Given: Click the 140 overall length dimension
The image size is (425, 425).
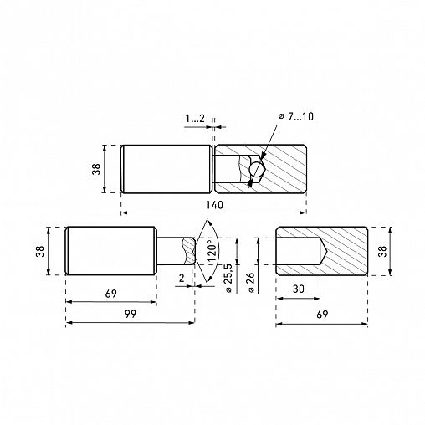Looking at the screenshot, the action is coord(214,205).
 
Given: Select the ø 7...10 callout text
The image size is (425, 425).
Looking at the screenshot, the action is coord(296,116).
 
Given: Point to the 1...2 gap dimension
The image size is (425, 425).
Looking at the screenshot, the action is coord(195,119).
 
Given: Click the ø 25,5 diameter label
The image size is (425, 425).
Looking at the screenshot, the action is coord(228,278).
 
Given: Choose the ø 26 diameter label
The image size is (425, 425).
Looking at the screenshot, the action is coord(251,282).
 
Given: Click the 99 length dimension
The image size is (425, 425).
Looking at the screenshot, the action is coord(131,314).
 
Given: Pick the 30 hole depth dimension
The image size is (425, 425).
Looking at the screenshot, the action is coord(298,289).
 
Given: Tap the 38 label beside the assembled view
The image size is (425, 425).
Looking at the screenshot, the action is coord(96,169).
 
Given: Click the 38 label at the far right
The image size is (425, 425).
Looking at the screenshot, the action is coord(383,251).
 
